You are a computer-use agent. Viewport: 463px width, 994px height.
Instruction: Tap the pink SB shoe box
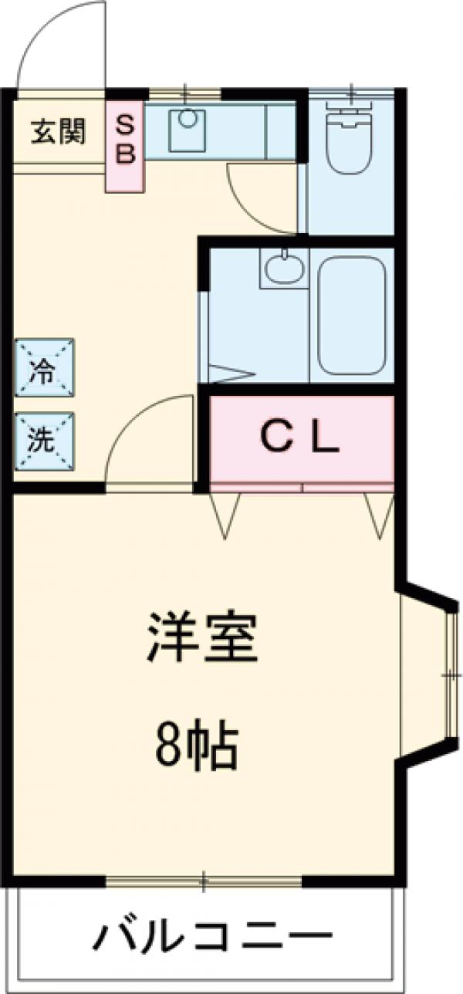click(126, 142)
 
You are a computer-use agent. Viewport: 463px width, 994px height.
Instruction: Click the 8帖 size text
click(198, 744)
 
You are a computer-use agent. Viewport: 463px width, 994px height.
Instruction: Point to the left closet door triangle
click(226, 514)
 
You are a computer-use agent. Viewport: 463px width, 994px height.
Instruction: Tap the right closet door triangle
click(379, 514)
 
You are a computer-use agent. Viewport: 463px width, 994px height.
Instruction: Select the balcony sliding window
click(204, 880)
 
